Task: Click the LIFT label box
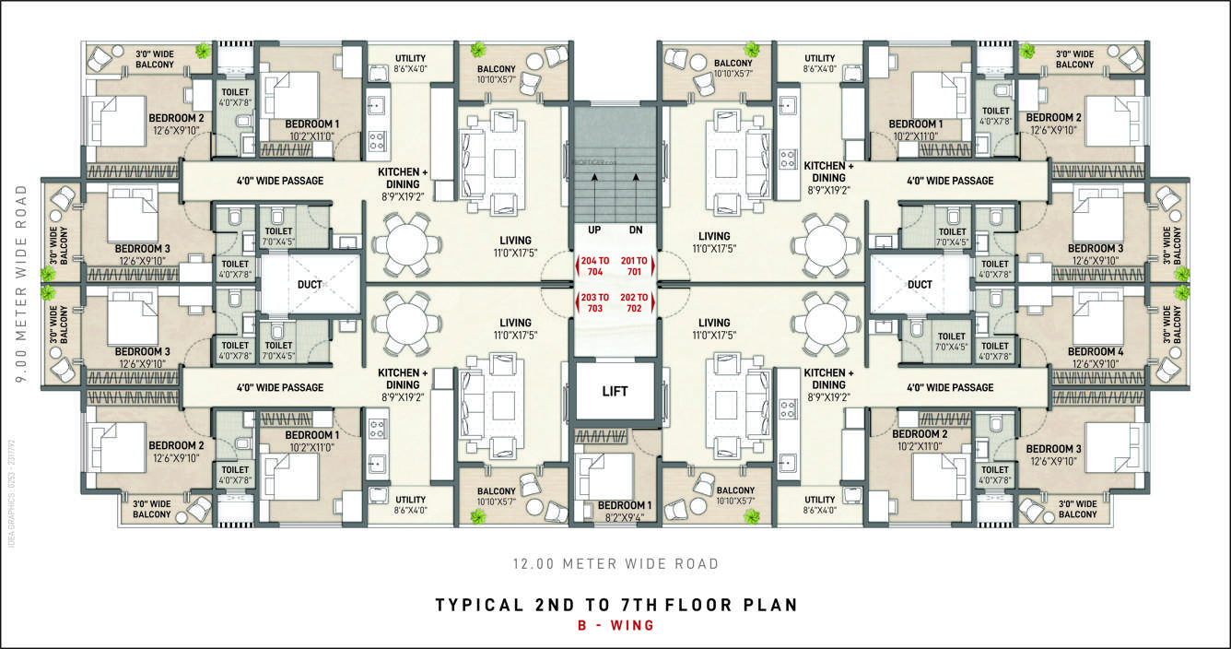pos(615,391)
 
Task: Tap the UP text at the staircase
pos(594,230)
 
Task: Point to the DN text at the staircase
pos(635,230)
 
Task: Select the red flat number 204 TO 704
pos(595,266)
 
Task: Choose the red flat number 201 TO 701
pos(634,266)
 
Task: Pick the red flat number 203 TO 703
pos(595,302)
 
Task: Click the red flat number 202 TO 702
pos(634,302)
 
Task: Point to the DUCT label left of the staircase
pos(310,285)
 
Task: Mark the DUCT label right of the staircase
pos(920,285)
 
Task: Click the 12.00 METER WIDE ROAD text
pos(615,563)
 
